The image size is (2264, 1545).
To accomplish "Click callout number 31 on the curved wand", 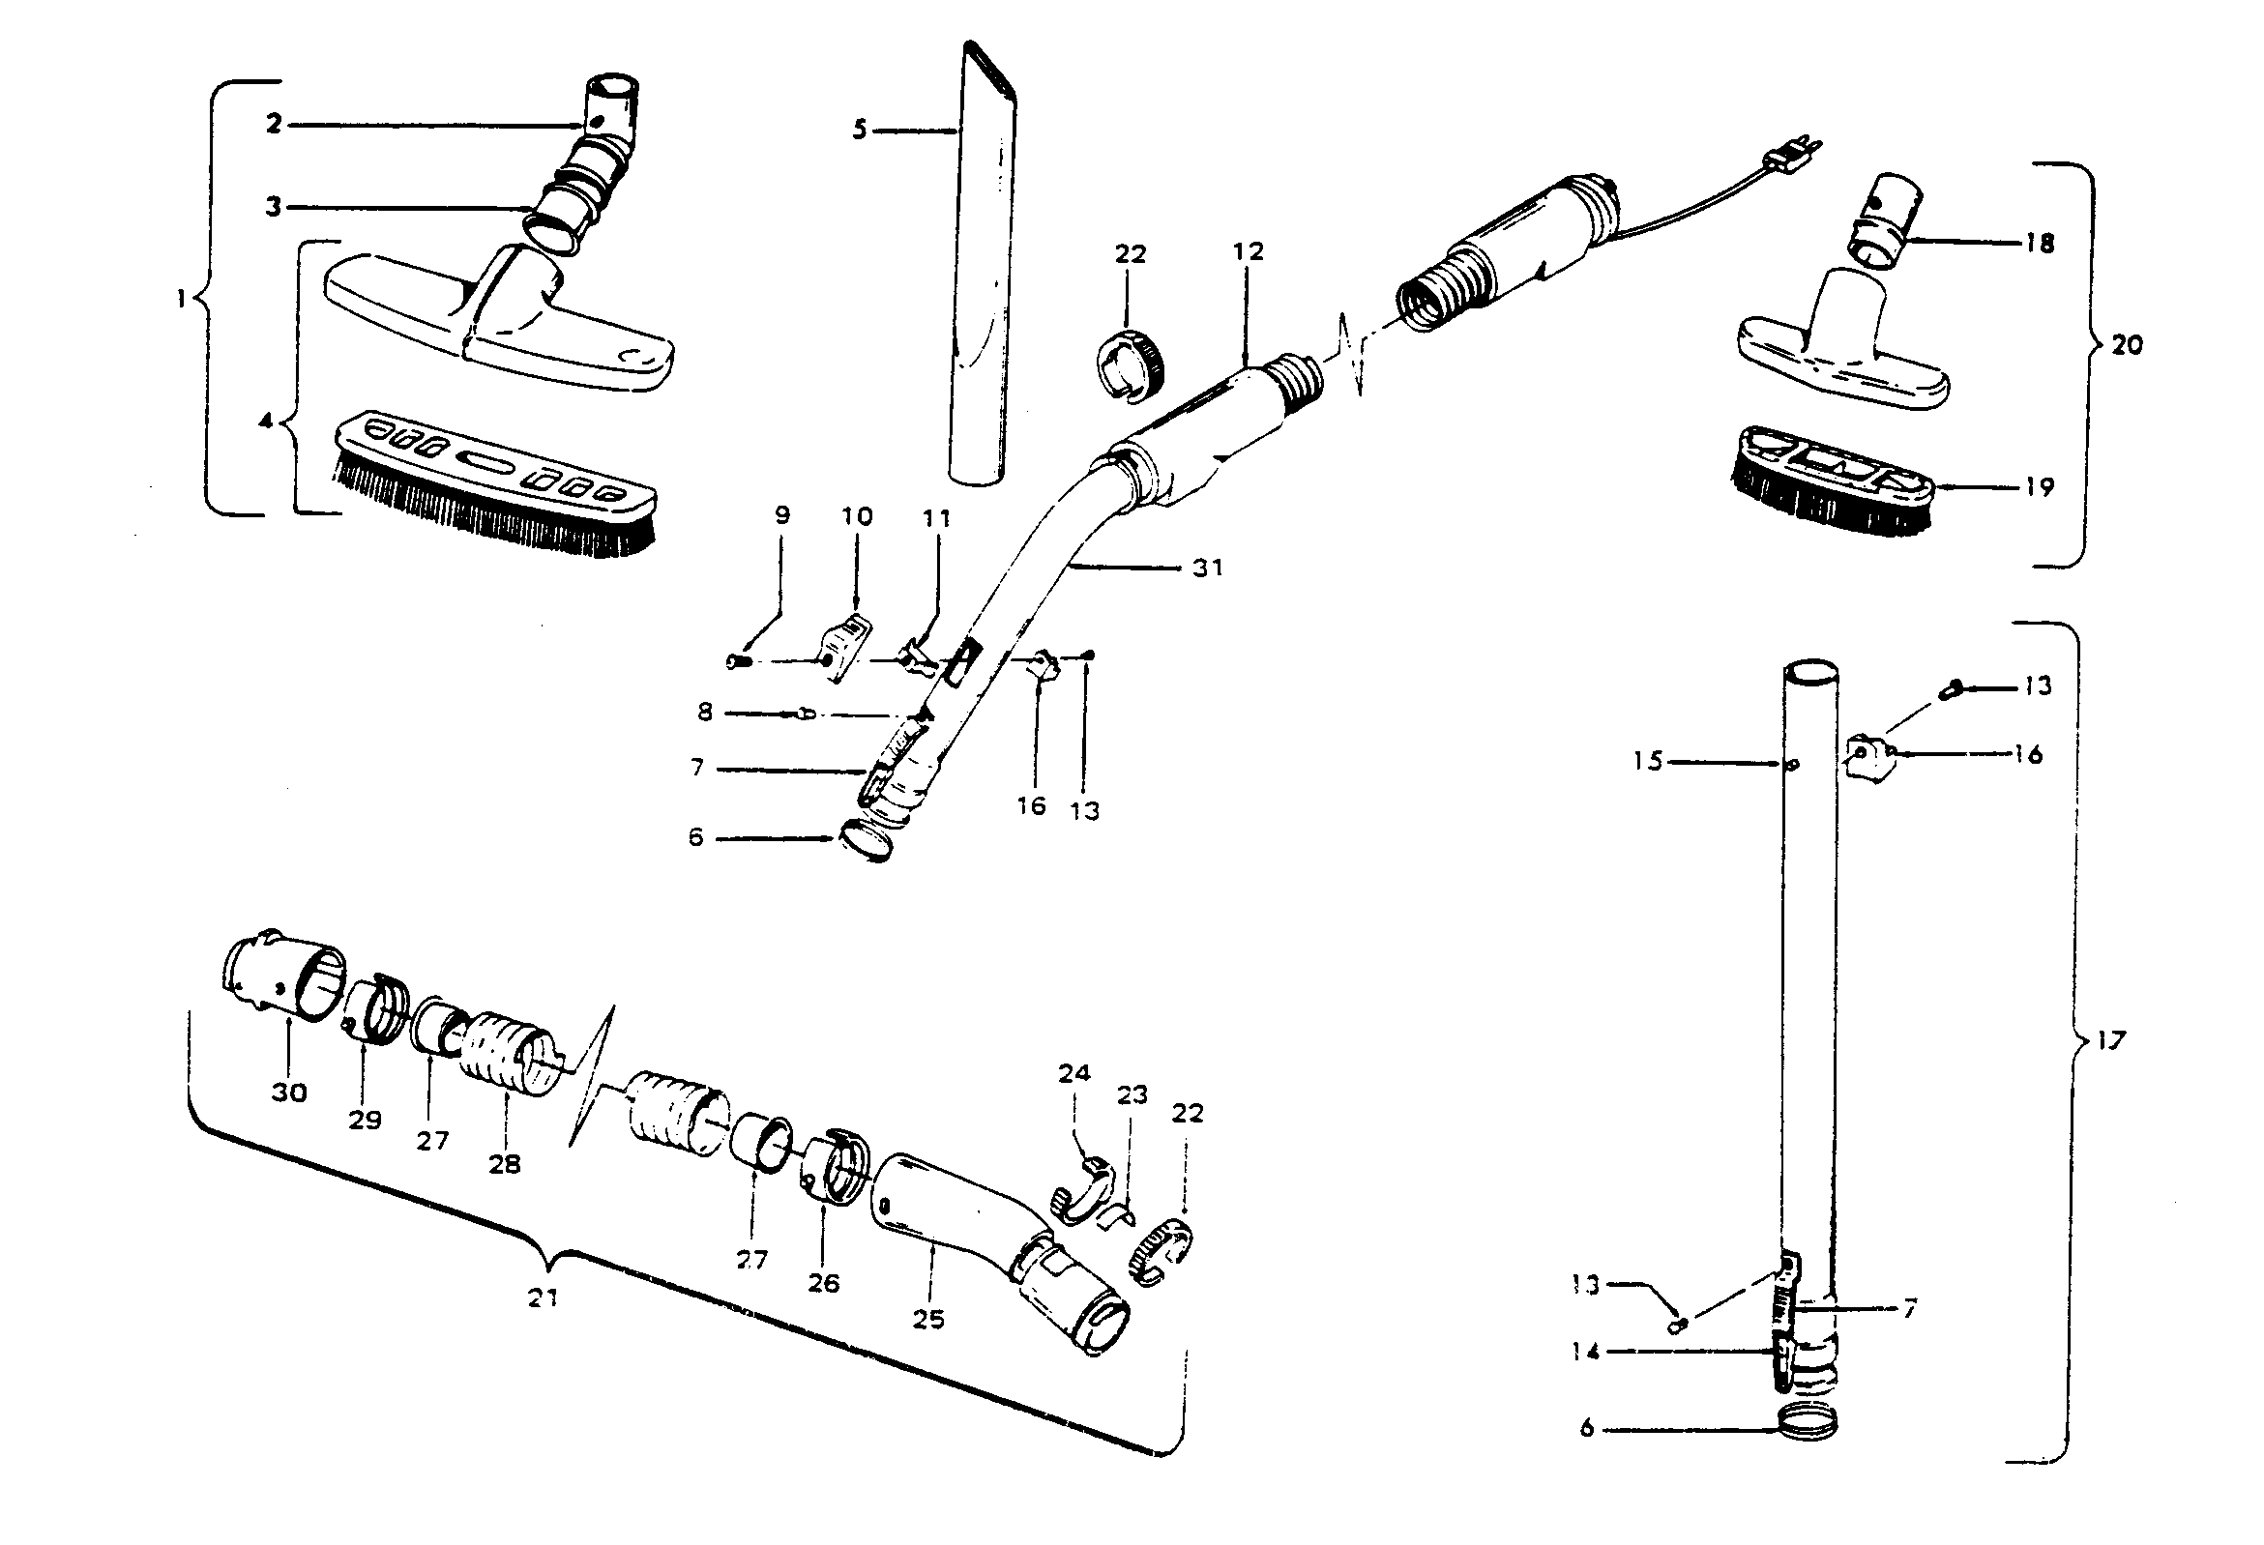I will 1207,568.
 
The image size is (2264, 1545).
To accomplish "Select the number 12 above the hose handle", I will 1247,251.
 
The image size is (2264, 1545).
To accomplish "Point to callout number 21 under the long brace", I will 543,1297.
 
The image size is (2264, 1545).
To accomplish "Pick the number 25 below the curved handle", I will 928,1319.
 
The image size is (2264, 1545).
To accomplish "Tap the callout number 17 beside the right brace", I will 2110,1041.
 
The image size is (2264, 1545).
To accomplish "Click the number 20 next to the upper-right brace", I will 2127,345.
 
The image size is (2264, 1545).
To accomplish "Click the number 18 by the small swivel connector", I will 2039,243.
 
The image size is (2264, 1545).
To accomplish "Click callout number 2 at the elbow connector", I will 274,125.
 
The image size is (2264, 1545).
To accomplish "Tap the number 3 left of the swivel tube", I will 274,207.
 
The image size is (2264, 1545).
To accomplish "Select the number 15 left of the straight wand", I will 1647,761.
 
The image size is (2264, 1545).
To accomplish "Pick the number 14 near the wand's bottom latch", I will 1585,1353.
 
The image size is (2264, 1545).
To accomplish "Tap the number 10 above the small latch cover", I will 857,516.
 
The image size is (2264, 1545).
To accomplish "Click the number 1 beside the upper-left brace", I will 180,299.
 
